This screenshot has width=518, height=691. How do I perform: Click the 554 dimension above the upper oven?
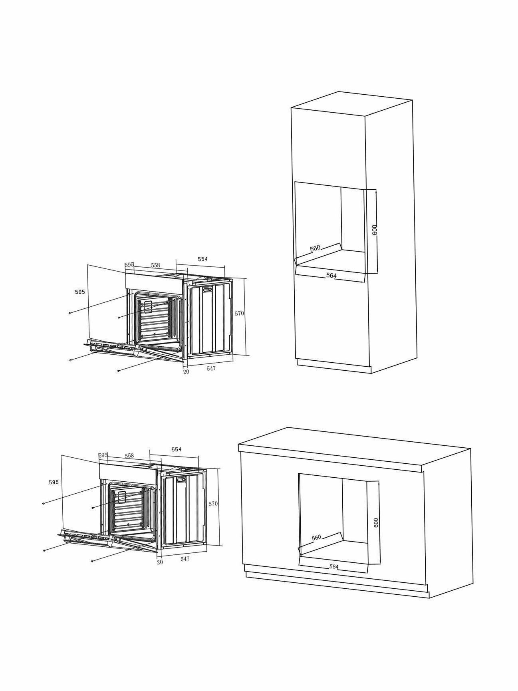[203, 259]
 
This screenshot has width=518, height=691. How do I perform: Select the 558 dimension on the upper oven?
[155, 265]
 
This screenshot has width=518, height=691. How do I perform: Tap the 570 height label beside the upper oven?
[239, 314]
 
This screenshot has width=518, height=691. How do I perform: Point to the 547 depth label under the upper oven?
[211, 368]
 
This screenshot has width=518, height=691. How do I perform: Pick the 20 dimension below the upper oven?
[186, 372]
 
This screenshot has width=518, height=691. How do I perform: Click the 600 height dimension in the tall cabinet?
[375, 230]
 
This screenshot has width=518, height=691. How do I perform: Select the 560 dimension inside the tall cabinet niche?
[315, 248]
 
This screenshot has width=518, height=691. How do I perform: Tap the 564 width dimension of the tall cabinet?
[331, 276]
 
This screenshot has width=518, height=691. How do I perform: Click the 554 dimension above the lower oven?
[177, 449]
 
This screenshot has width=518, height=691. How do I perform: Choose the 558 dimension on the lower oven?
[129, 456]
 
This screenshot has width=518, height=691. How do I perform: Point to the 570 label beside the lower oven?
[213, 504]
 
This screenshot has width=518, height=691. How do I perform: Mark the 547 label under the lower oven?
[185, 559]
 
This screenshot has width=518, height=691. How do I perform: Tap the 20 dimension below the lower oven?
[160, 562]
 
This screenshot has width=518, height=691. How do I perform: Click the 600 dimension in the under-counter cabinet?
[375, 523]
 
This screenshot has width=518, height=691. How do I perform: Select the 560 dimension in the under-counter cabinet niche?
[316, 538]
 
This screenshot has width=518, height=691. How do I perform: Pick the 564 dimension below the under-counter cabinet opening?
[334, 567]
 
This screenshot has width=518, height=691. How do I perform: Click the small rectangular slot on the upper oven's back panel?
[207, 290]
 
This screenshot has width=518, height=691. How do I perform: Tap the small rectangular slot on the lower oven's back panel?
[181, 480]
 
